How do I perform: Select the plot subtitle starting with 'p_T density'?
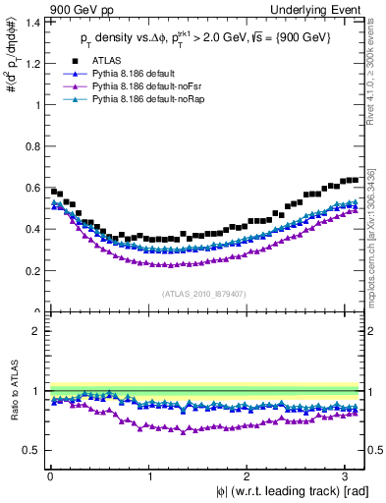pyautogui.click(x=206, y=38)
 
